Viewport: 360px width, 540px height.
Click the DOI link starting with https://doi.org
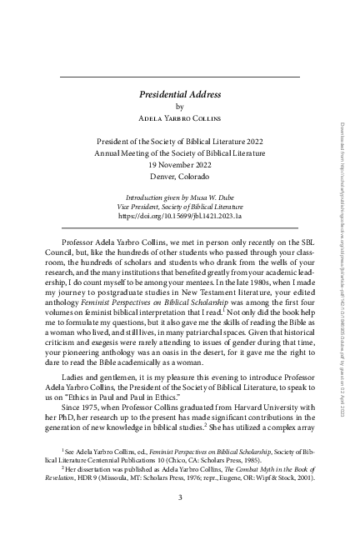tap(180, 217)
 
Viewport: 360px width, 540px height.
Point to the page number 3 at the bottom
tap(180, 498)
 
